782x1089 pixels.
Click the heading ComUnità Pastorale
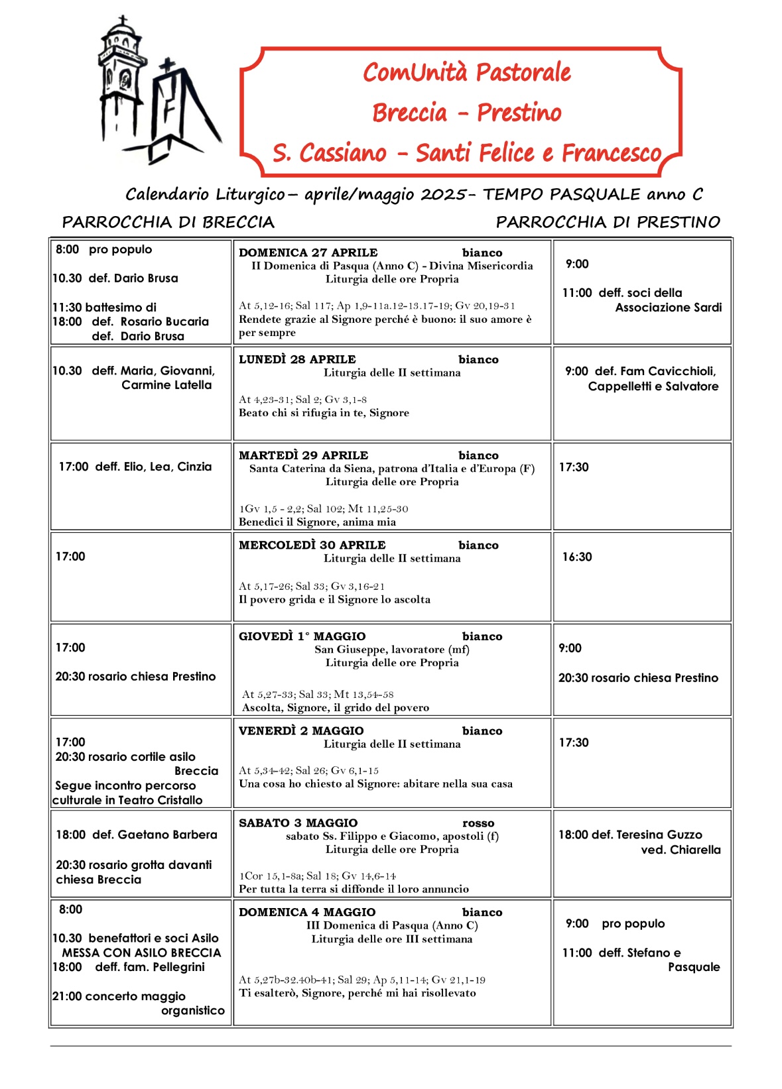(x=466, y=72)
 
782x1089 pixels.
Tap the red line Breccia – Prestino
(x=466, y=113)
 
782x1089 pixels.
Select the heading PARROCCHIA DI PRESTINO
(x=608, y=222)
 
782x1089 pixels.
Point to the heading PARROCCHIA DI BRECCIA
(x=168, y=222)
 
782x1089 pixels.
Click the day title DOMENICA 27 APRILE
(x=308, y=253)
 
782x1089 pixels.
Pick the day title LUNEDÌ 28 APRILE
(x=297, y=359)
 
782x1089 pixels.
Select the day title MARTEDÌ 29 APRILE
(x=303, y=455)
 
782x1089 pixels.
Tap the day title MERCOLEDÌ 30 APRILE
(x=312, y=545)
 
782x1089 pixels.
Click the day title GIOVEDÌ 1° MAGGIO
(x=302, y=636)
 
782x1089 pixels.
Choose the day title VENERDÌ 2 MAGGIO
(x=301, y=730)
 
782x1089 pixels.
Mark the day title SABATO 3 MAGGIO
(x=298, y=823)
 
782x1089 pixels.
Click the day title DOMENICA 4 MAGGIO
(x=307, y=912)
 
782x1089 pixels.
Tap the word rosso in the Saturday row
(x=478, y=823)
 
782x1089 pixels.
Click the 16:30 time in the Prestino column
(x=577, y=557)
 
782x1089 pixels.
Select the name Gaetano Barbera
(x=167, y=834)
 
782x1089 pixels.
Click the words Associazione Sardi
(x=668, y=308)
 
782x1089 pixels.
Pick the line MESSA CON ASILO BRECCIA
(x=141, y=952)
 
